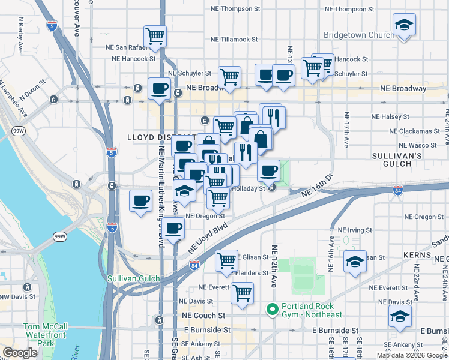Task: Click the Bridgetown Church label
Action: (x=359, y=35)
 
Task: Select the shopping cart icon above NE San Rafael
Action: (x=155, y=37)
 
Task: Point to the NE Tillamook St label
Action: (x=234, y=40)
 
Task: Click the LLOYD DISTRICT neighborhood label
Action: (x=151, y=137)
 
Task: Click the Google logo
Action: (x=20, y=353)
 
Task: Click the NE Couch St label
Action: (x=205, y=315)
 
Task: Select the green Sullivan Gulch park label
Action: (x=134, y=279)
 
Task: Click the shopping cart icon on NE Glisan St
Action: (x=226, y=260)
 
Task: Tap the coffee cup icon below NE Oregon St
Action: (x=173, y=228)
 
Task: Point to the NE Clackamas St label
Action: (x=414, y=131)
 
